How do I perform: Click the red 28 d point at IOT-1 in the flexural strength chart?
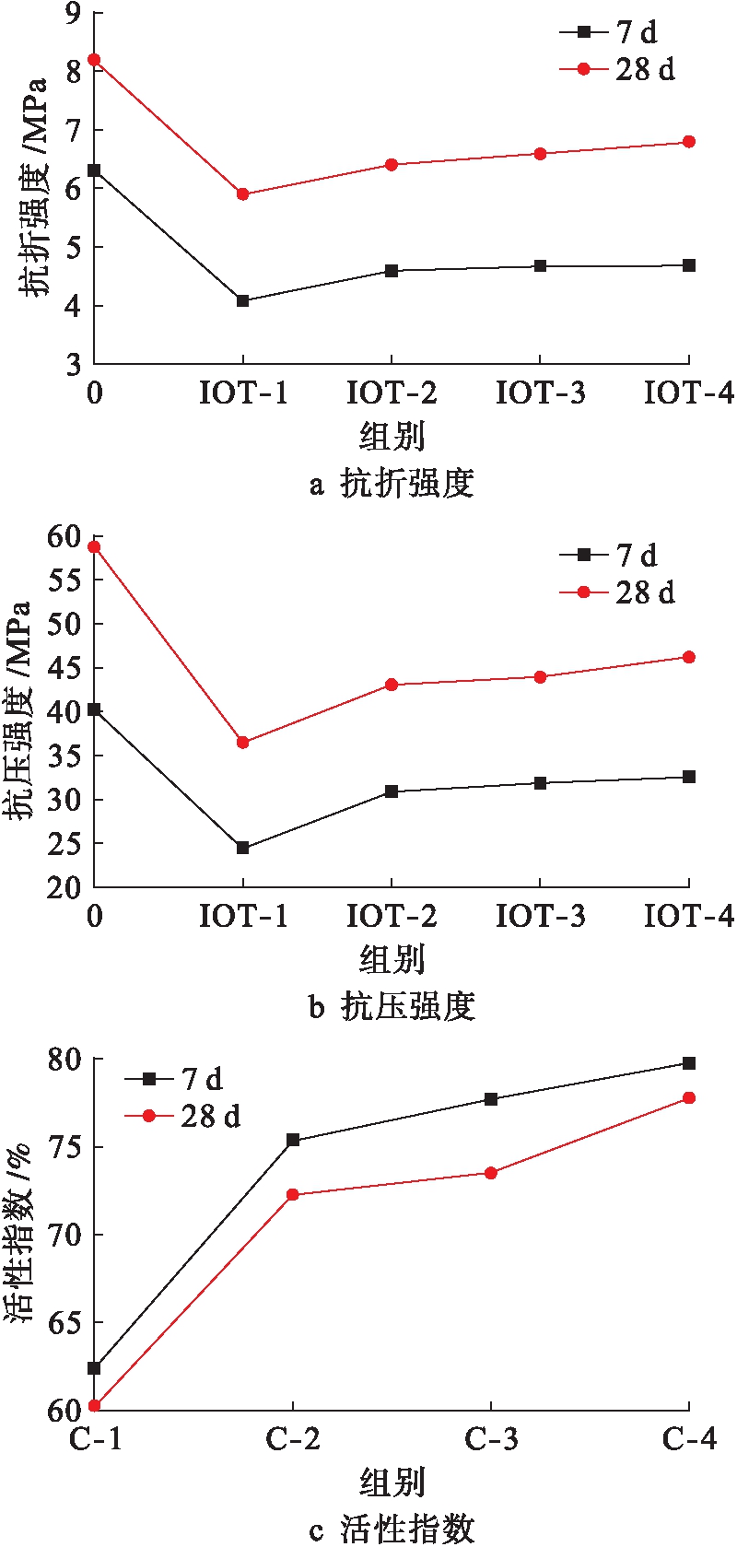click(243, 194)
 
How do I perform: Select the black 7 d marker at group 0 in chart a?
click(94, 170)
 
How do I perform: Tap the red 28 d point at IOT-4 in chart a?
click(689, 142)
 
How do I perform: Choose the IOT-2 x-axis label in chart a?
click(392, 393)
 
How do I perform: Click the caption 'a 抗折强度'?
click(392, 483)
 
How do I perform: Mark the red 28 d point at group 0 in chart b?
click(94, 547)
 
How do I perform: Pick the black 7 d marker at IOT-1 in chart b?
click(243, 848)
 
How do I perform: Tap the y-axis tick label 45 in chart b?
click(64, 667)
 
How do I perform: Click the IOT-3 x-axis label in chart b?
click(540, 916)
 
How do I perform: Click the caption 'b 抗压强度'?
click(392, 1006)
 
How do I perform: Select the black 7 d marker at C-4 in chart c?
click(689, 1063)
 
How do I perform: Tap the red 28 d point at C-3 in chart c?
click(491, 1173)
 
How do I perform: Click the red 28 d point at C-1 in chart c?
click(94, 1406)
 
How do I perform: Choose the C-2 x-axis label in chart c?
click(293, 1438)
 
